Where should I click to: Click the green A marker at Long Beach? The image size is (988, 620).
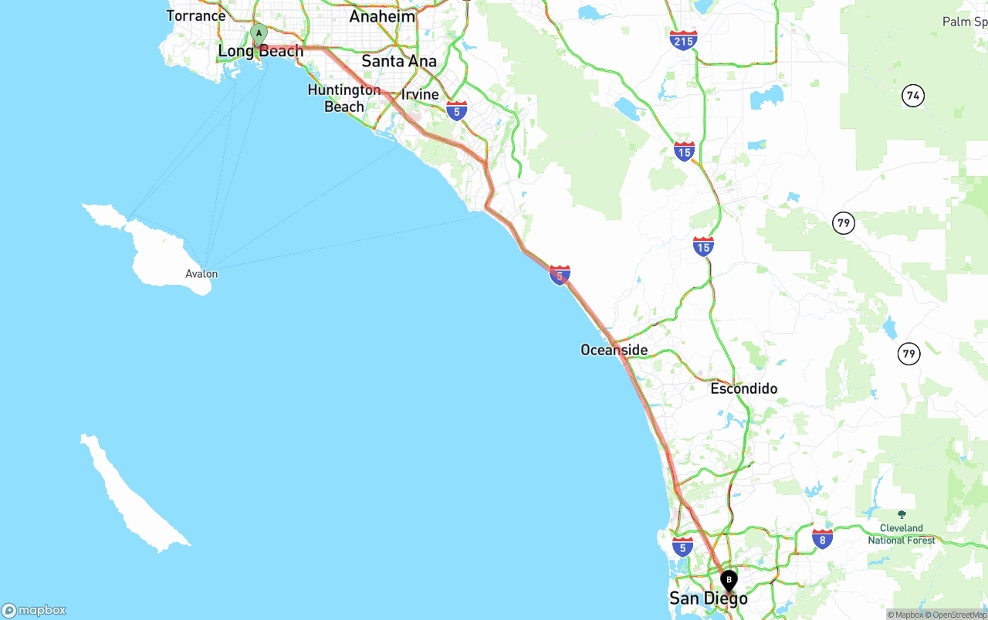[x=259, y=33]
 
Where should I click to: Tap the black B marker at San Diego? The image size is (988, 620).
[x=729, y=580]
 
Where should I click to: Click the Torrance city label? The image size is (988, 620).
[x=196, y=15]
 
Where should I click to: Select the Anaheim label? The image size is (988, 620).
[x=382, y=16]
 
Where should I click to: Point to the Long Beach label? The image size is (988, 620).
[x=261, y=51]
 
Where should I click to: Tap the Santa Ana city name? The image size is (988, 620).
[x=399, y=61]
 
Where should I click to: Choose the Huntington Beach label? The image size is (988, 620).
[x=344, y=98]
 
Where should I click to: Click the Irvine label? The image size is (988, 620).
[x=420, y=94]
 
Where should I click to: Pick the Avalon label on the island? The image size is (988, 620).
[x=201, y=273]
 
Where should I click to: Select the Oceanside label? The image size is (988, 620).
[x=614, y=350]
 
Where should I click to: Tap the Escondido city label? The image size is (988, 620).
[x=744, y=388]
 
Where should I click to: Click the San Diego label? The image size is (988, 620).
[x=709, y=598]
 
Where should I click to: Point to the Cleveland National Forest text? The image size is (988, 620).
[x=902, y=534]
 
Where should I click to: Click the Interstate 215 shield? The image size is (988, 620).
[x=684, y=40]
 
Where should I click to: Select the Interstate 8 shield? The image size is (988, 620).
[x=822, y=539]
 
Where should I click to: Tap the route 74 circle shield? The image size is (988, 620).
[x=913, y=96]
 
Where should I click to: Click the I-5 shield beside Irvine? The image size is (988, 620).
[x=457, y=111]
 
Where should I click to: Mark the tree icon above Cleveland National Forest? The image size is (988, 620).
[x=902, y=514]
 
